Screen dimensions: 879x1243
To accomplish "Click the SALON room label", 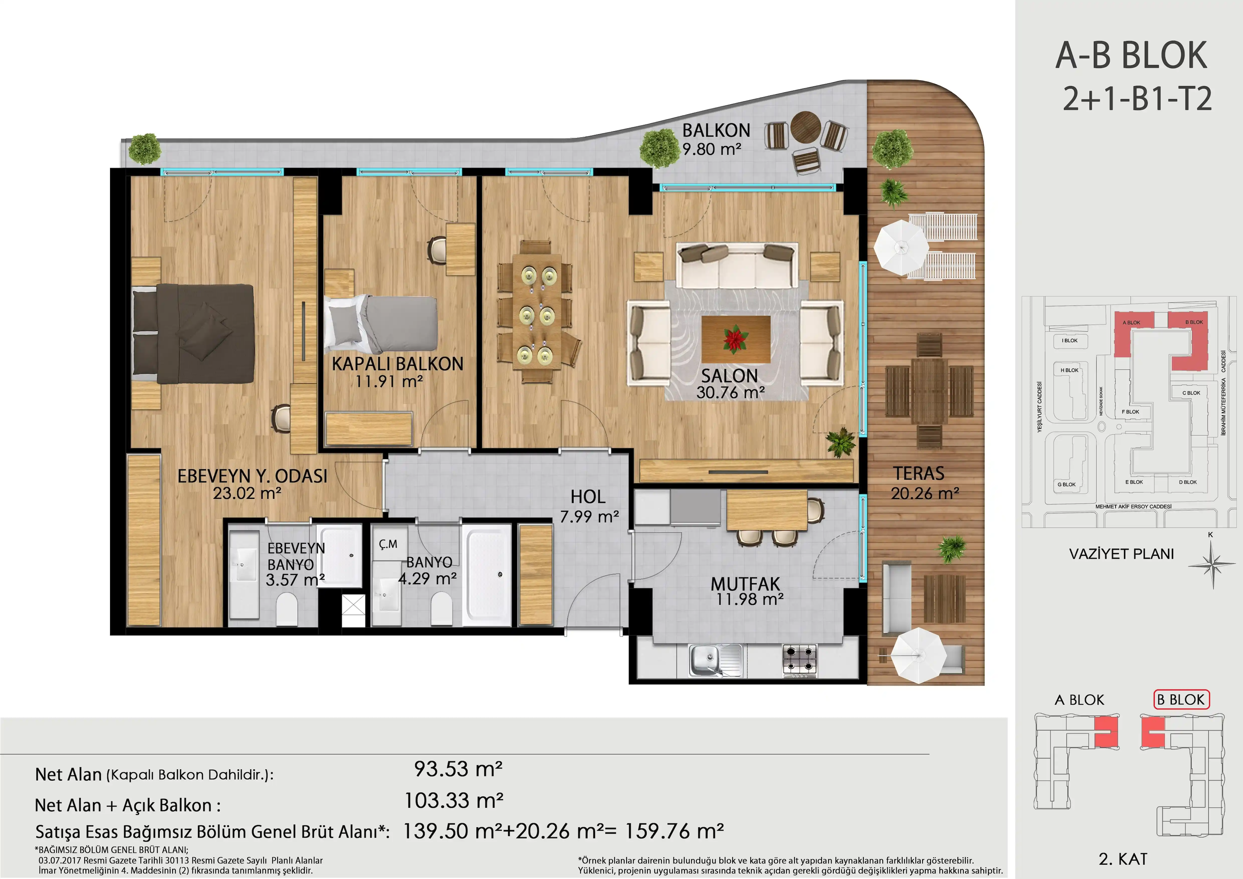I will pos(729,376).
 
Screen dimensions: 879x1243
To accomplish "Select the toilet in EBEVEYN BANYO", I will pos(287,609).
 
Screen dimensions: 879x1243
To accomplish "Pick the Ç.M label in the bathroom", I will pos(388,544).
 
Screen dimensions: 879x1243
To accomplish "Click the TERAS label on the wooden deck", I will pos(919,473).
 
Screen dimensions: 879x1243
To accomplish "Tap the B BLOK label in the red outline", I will pos(1181,700).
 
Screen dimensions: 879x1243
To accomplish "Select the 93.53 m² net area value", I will pos(458,769).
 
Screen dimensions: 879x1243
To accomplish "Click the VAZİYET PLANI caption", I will pos(1121,554).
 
